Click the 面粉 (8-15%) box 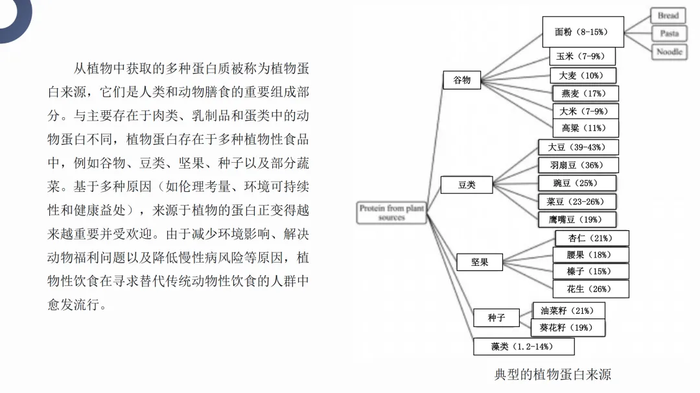[583, 32]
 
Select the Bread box [668, 16]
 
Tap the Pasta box [669, 34]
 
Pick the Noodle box [669, 52]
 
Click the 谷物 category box [462, 80]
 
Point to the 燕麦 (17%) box [585, 93]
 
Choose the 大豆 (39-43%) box [578, 147]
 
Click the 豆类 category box [467, 185]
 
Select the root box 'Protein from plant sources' [391, 213]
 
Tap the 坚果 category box [480, 263]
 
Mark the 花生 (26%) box [590, 289]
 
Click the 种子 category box [496, 318]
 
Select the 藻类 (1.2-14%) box [523, 347]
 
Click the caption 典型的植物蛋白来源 [552, 375]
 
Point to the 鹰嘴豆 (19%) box [577, 219]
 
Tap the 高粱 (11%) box [585, 128]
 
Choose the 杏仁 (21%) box [590, 238]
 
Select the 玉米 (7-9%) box [581, 57]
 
